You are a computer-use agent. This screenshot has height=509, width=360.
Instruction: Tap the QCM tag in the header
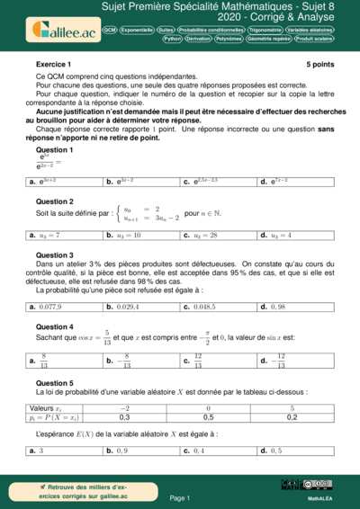click(109, 30)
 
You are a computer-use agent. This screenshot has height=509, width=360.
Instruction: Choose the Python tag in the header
click(172, 40)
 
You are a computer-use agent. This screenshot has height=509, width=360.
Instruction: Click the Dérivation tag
click(200, 40)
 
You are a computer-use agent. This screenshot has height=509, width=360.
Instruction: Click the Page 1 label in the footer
click(179, 497)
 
